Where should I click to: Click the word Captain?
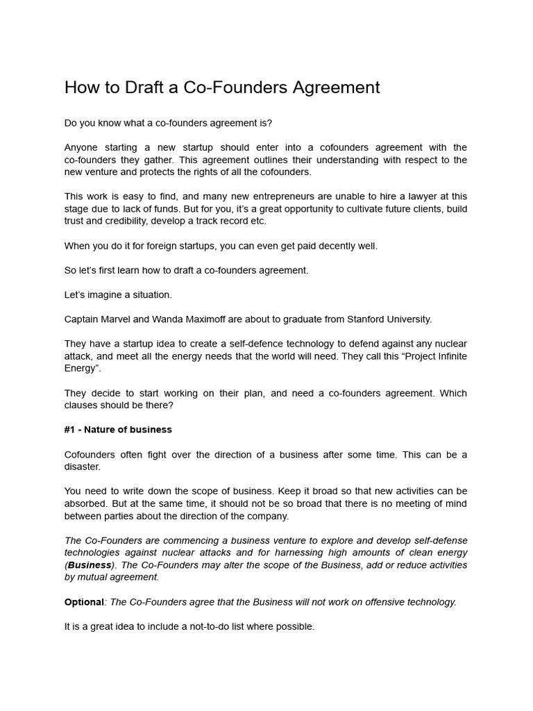point(82,319)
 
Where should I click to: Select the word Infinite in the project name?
point(450,356)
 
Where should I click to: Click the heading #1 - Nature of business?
point(118,429)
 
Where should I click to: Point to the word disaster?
point(83,466)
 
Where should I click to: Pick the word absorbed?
point(85,503)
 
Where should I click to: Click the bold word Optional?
point(84,601)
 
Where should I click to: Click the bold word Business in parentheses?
point(90,564)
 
